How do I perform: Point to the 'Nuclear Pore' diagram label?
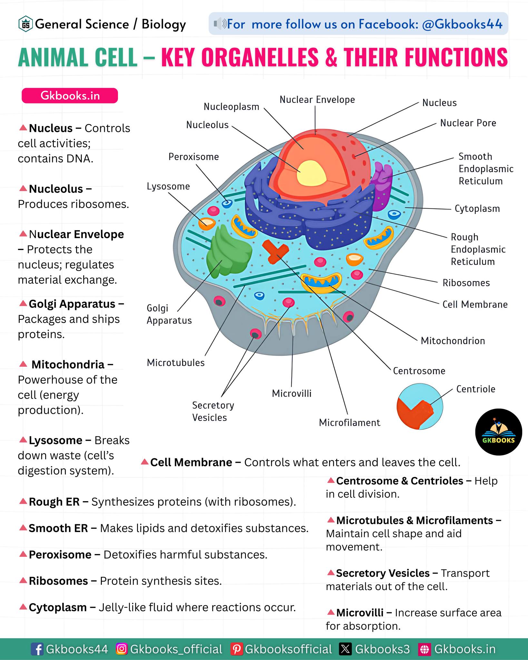[468, 123]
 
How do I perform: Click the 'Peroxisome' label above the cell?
[194, 157]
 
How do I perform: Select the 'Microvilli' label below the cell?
[292, 393]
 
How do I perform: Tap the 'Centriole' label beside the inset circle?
[476, 389]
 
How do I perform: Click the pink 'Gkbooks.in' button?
[70, 96]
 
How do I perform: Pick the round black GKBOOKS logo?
[499, 432]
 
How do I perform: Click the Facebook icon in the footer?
[37, 649]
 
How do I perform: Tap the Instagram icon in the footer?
[122, 649]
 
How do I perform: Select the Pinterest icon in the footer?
[237, 649]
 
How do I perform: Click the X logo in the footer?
[345, 649]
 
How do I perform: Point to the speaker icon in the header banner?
[220, 24]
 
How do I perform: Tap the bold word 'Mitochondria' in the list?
[68, 364]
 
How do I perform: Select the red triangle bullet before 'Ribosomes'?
[23, 580]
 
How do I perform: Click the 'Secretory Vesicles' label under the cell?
[213, 411]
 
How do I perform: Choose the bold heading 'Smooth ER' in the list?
[58, 528]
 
